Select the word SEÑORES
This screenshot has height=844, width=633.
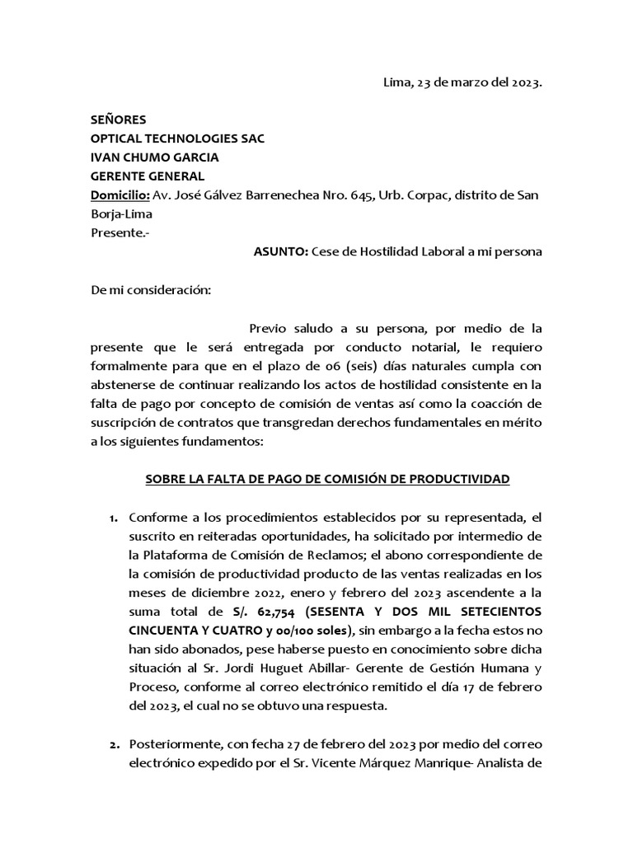(x=118, y=120)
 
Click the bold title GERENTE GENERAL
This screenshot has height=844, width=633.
(x=147, y=176)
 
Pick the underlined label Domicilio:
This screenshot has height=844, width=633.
(x=120, y=195)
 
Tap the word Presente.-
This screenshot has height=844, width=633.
(x=120, y=232)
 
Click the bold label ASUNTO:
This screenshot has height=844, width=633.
(x=280, y=252)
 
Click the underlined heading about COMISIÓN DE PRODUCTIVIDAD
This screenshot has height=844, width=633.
(x=328, y=479)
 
